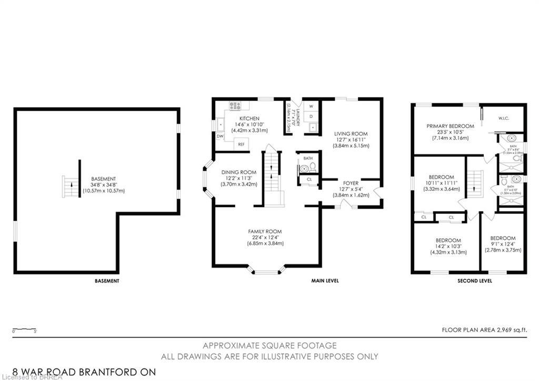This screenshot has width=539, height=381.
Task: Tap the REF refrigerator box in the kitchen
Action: point(241,144)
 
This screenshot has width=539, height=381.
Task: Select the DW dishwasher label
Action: point(219,136)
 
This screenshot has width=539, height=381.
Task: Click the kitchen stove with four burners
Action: point(235,106)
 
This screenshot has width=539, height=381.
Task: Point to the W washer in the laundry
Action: point(311,106)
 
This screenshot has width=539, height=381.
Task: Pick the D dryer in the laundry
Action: point(311,116)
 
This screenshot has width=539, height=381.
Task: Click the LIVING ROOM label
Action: point(351,134)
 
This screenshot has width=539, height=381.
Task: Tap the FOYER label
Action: point(351,183)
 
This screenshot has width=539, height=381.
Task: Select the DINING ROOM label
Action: point(238,172)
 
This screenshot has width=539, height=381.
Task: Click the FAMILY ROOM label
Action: point(265,231)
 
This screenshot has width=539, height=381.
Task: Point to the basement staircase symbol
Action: point(70,187)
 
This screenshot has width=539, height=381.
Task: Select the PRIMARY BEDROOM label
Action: point(450,126)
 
